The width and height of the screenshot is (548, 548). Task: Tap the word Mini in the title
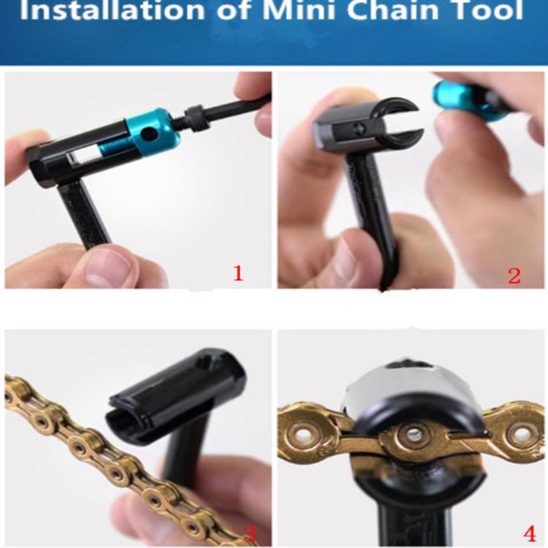pyautogui.click(x=299, y=10)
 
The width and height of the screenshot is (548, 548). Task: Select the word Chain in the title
pyautogui.click(x=393, y=10)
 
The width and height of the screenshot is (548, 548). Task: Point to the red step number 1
pyautogui.click(x=238, y=273)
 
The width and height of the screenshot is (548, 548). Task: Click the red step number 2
pyautogui.click(x=514, y=276)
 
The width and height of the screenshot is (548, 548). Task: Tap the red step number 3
pyautogui.click(x=249, y=534)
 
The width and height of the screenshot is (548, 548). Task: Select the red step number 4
pyautogui.click(x=530, y=534)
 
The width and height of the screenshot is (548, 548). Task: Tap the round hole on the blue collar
pyautogui.click(x=150, y=132)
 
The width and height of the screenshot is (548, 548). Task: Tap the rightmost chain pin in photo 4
pyautogui.click(x=523, y=431)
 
